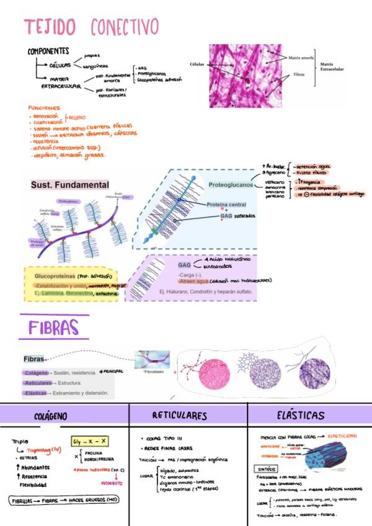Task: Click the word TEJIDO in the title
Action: [50, 27]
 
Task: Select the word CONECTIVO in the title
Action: [125, 27]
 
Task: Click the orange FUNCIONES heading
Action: [44, 107]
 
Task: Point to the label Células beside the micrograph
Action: [197, 64]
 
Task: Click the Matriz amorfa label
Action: [302, 58]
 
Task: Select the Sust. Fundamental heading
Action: [70, 185]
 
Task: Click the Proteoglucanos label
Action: [231, 185]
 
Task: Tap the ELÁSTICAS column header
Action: [301, 415]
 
